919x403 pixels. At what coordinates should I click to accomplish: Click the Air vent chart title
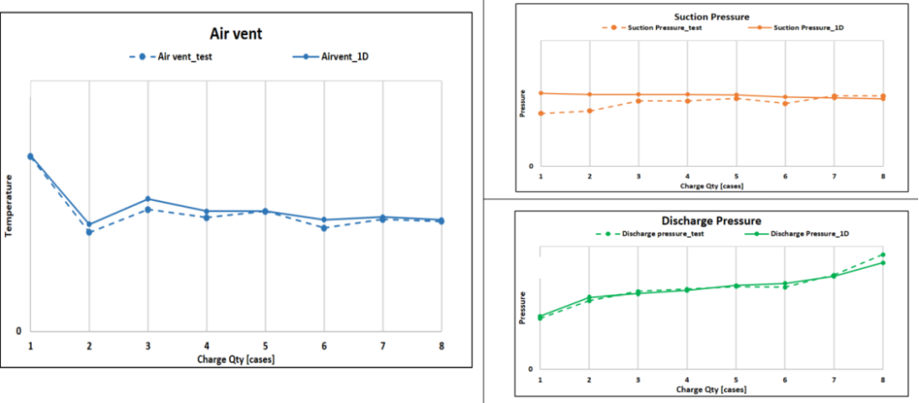[x=236, y=34]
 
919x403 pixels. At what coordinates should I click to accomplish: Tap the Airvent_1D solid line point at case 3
[x=148, y=199]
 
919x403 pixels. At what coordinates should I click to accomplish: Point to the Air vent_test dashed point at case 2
[x=89, y=232]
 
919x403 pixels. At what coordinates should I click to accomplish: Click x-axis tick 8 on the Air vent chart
[x=442, y=346]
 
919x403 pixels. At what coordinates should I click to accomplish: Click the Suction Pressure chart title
[x=711, y=16]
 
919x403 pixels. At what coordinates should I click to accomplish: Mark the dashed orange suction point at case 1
[x=541, y=113]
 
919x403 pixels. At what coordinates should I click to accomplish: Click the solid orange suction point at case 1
[x=541, y=93]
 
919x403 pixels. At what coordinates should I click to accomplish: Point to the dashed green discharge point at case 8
[x=883, y=255]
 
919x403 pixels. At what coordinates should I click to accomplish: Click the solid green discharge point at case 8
[x=883, y=262]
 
